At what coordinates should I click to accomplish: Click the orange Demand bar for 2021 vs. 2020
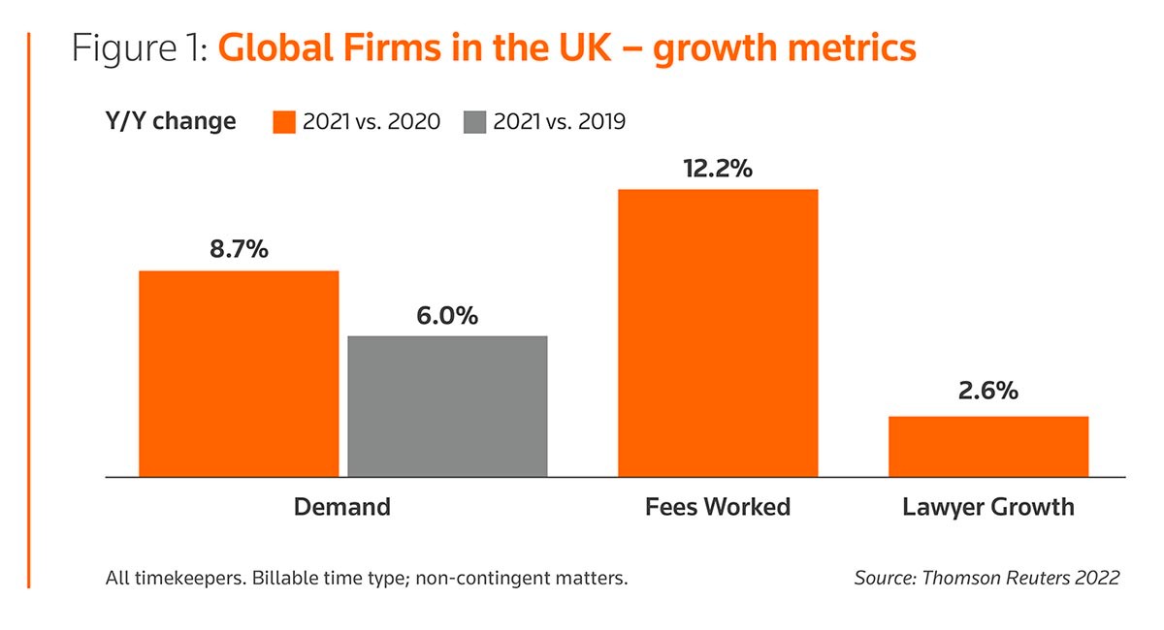[239, 374]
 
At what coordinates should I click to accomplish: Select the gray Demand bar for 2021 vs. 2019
[447, 406]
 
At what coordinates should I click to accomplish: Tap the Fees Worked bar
[718, 332]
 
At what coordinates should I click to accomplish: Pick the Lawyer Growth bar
[987, 446]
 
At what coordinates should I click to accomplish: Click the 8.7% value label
[239, 249]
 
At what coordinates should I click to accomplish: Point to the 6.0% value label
[447, 315]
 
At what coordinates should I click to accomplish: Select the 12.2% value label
[718, 168]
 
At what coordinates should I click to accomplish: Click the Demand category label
[341, 506]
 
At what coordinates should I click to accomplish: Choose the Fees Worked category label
[718, 506]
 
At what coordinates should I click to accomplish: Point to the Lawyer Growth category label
[987, 506]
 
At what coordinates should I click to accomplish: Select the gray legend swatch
[474, 121]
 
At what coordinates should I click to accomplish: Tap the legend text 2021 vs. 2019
[560, 121]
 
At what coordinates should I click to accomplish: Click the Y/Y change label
[170, 121]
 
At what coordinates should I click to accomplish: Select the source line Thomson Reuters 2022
[986, 578]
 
